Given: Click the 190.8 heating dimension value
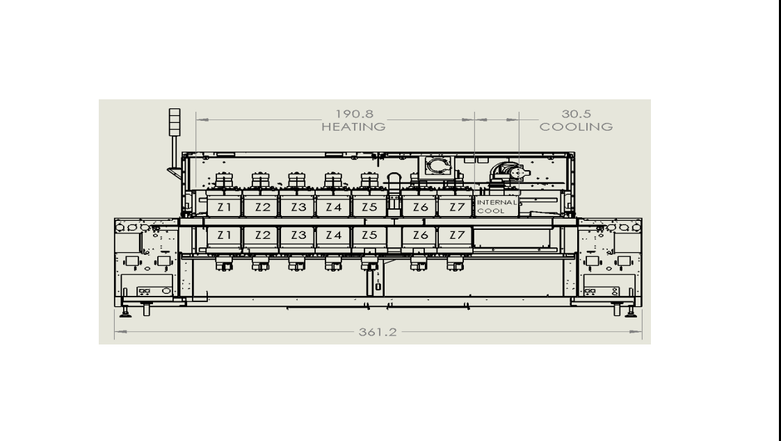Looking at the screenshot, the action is point(354,115).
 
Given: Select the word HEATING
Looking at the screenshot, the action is point(354,127).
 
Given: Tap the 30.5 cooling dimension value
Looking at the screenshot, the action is point(577,115).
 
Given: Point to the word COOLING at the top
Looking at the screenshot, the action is point(577,127).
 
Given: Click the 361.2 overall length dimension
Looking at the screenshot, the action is point(378,332).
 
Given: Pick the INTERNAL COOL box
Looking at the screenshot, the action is point(497,206).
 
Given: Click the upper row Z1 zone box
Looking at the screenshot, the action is point(224,206).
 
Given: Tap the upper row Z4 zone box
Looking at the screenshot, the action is point(333,206).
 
